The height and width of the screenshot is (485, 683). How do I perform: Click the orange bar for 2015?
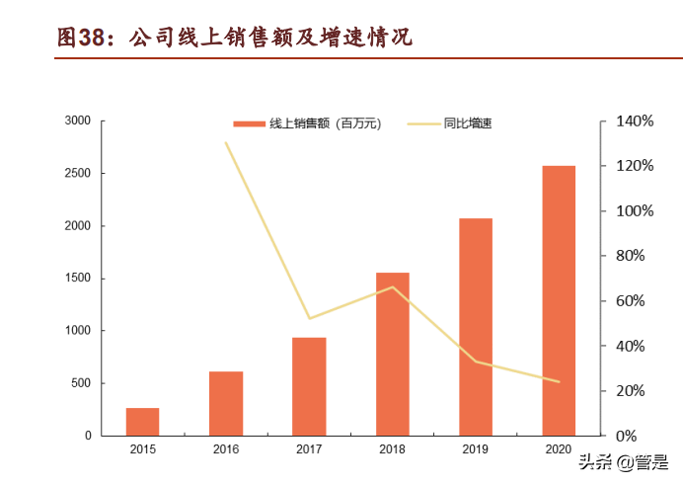pos(142,422)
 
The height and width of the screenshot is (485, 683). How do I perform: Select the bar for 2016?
pos(226,403)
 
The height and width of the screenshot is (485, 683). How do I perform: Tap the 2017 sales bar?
pos(309,386)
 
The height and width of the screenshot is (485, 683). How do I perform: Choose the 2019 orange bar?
pos(475,327)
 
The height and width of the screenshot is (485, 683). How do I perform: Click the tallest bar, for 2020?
pos(559,300)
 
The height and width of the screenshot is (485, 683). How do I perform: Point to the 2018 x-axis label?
pos(392,450)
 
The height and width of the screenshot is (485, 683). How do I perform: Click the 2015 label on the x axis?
pos(142,450)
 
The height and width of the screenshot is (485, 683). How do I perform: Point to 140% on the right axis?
pos(634,121)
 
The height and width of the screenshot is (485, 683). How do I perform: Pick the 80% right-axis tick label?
pos(630,256)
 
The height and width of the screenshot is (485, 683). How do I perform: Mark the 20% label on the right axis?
pos(630,391)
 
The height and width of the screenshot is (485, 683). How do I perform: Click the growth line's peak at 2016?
pos(226,143)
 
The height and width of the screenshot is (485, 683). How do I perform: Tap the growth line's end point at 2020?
pos(559,381)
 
